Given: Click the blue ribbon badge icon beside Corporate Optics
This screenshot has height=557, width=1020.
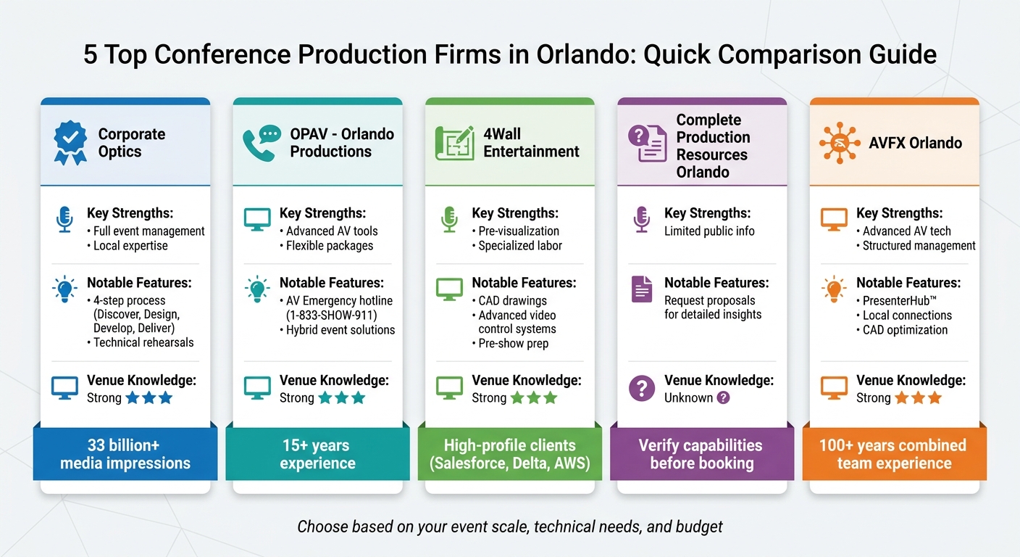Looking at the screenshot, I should pyautogui.click(x=70, y=143).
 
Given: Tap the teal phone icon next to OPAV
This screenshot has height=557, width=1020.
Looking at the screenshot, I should pyautogui.click(x=262, y=143).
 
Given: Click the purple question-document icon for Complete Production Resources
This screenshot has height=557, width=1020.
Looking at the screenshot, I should pyautogui.click(x=647, y=143).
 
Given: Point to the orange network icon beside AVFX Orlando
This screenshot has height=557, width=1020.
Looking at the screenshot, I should pyautogui.click(x=840, y=143).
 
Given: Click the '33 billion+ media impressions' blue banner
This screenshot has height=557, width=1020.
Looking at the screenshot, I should pyautogui.click(x=125, y=454).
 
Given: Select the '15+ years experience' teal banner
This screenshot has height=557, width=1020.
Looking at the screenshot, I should pyautogui.click(x=317, y=454).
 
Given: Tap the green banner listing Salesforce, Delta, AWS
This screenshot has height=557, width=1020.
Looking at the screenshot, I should pyautogui.click(x=510, y=454).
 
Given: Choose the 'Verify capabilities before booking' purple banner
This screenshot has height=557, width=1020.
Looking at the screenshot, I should pyautogui.click(x=702, y=454).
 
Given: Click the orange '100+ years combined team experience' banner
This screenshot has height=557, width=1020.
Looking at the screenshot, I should pyautogui.click(x=894, y=454).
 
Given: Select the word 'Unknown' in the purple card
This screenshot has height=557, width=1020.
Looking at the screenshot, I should pyautogui.click(x=688, y=398).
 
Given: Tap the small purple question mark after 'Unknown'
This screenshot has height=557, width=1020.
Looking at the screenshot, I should pyautogui.click(x=723, y=398).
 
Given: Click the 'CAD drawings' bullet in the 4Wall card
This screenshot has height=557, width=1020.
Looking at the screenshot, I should pyautogui.click(x=513, y=300).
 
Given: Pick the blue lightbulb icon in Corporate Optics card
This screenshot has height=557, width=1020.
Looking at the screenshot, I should pyautogui.click(x=64, y=289).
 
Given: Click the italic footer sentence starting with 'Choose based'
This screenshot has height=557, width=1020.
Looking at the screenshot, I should pyautogui.click(x=510, y=527).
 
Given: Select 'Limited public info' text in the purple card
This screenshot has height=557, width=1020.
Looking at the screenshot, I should pyautogui.click(x=709, y=231).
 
